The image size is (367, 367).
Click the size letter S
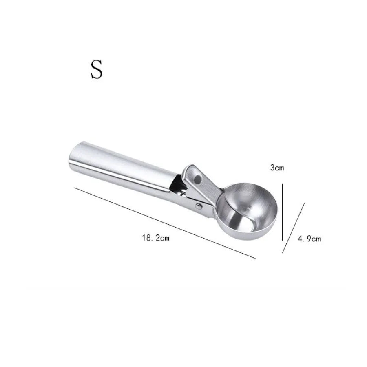(96, 69)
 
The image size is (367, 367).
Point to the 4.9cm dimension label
(309, 239)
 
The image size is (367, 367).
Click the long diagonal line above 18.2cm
(163, 222)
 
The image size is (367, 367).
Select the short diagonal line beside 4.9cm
(294, 228)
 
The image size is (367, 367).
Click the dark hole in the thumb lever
(199, 178)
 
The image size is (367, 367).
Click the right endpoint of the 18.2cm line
(255, 258)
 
